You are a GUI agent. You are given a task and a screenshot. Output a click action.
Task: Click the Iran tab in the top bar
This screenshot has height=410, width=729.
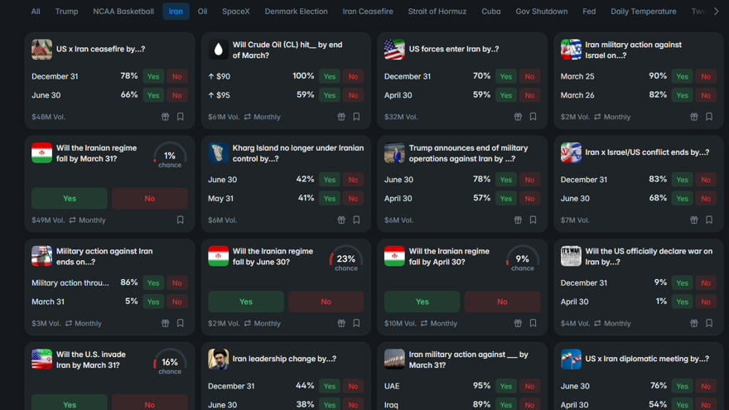[176, 12]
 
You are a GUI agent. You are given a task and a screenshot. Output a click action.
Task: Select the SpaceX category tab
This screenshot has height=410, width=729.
[236, 12]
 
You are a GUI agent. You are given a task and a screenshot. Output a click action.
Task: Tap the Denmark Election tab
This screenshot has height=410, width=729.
[296, 12]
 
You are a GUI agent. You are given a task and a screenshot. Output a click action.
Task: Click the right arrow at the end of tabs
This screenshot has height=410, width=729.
[716, 12]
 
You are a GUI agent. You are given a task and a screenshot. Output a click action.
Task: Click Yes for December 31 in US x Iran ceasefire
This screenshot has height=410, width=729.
[153, 76]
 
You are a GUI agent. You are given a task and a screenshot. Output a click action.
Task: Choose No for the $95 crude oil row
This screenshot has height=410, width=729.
[353, 95]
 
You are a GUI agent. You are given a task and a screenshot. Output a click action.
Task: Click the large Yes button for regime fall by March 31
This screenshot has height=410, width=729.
[70, 199]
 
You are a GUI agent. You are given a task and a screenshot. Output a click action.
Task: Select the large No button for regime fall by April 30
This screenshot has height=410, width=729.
[502, 301]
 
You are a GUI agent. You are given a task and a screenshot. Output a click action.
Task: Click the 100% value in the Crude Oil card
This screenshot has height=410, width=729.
[303, 76]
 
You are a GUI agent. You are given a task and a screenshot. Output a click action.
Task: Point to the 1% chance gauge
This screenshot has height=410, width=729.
[170, 157]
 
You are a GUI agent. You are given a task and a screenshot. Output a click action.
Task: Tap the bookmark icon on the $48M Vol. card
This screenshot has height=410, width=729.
[181, 117]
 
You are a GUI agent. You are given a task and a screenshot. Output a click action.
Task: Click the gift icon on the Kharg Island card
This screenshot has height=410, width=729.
[341, 220]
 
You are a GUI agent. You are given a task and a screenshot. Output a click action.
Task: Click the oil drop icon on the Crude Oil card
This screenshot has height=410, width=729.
[218, 50]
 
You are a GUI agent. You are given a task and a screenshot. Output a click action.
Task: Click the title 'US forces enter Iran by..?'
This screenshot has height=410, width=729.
[454, 50]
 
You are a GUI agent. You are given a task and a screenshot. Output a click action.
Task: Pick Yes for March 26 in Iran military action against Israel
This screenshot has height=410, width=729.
[682, 95]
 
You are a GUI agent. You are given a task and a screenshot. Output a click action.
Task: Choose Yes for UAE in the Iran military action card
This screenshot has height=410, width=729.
[506, 386]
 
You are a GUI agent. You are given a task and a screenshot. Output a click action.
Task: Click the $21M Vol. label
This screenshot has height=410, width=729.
[224, 324]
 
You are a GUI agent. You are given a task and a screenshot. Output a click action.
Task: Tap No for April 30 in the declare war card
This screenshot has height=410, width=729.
[706, 301]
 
